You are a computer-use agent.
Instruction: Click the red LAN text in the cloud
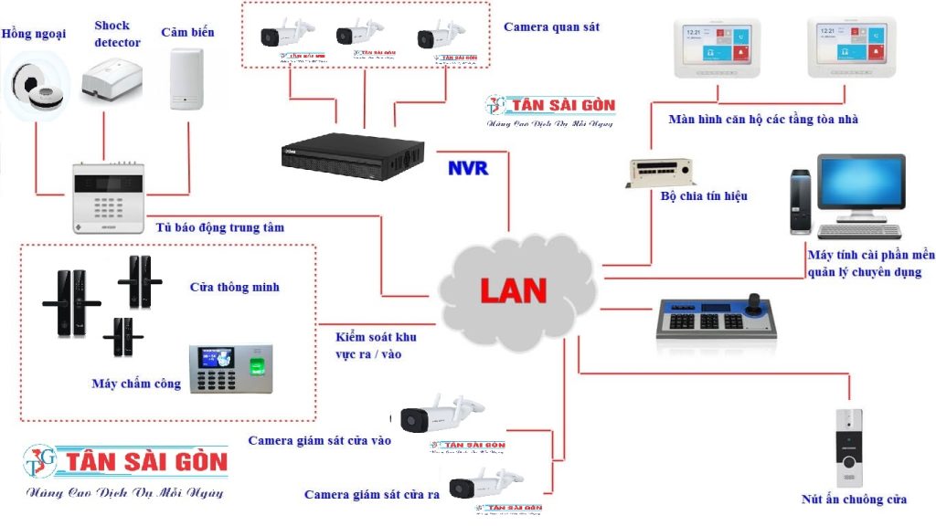click(513, 290)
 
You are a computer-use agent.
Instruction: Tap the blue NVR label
click(468, 168)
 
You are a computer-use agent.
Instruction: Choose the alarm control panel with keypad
click(109, 196)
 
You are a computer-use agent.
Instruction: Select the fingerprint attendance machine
click(230, 368)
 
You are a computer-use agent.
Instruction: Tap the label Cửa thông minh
click(234, 288)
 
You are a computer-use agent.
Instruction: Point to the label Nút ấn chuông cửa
click(854, 500)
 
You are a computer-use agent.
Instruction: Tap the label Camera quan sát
click(551, 27)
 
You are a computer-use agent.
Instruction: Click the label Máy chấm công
click(136, 384)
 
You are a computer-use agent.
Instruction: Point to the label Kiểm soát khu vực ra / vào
click(375, 345)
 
